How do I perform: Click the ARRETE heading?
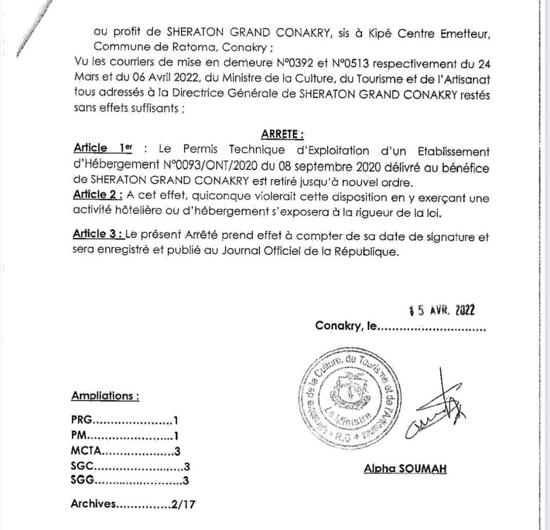[x=282, y=134]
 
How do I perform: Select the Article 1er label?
[x=103, y=149]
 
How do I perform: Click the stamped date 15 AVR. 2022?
[x=441, y=310]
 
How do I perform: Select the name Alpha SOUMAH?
[x=405, y=468]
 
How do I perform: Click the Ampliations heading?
[x=105, y=396]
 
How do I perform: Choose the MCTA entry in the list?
[x=87, y=452]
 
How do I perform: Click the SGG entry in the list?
[x=83, y=481]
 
